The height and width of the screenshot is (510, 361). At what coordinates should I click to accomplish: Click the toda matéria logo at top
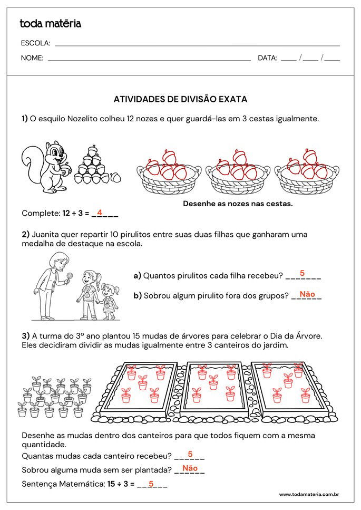pos(50,24)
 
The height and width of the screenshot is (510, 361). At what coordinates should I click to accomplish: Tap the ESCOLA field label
pos(35,43)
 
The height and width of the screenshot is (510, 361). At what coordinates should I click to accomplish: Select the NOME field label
pos(32,58)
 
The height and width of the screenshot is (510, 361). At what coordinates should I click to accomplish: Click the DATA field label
pos(267,58)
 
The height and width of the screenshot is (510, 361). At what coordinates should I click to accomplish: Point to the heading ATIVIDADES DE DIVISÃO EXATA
pos(180,99)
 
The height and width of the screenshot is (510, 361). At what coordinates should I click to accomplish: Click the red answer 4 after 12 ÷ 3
pos(99,213)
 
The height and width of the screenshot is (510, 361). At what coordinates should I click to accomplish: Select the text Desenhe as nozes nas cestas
pos(237,203)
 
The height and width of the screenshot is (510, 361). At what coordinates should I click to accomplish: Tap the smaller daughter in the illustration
pos(109,301)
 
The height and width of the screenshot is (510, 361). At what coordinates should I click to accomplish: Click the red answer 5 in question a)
pos(302,273)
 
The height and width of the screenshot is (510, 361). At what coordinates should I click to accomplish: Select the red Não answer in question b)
pos(307,294)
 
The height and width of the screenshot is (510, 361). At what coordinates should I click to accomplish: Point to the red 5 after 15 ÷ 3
pos(151,483)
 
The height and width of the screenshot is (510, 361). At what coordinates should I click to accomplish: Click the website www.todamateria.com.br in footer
pos(308,494)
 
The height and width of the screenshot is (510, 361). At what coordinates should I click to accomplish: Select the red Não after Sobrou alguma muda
pos(190,468)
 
